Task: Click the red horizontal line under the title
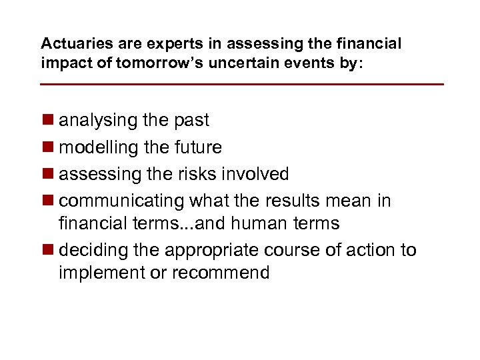click(241, 85)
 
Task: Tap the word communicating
click(122, 201)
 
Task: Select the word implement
click(101, 273)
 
